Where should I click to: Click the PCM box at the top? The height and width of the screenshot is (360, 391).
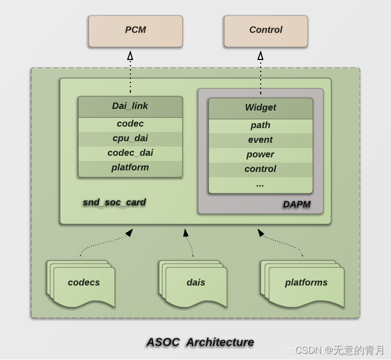[x=136, y=31]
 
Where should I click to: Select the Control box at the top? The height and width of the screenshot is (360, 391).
[x=265, y=31]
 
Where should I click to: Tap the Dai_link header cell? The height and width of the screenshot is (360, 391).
[x=130, y=106]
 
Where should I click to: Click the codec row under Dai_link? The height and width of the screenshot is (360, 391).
[x=130, y=124]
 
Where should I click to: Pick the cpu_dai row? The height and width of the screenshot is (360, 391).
[x=130, y=139]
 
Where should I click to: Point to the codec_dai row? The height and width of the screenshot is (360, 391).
[x=130, y=153]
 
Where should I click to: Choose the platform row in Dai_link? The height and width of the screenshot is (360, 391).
[x=130, y=168]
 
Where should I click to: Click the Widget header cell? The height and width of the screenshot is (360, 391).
[x=260, y=108]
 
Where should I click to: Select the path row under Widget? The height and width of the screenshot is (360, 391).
[x=260, y=126]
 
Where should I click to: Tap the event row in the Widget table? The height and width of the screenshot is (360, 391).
[x=260, y=140]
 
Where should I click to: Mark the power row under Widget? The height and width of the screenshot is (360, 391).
[x=260, y=155]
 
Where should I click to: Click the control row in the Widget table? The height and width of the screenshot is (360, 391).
[x=260, y=169]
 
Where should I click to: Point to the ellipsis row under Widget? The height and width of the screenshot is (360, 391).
[x=260, y=184]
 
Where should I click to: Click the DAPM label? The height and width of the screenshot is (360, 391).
[x=296, y=204]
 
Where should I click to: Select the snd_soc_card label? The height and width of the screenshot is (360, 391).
[x=114, y=202]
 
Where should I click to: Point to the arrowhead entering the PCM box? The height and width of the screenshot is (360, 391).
[x=130, y=55]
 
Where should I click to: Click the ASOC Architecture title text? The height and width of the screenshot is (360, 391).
[x=200, y=342]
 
